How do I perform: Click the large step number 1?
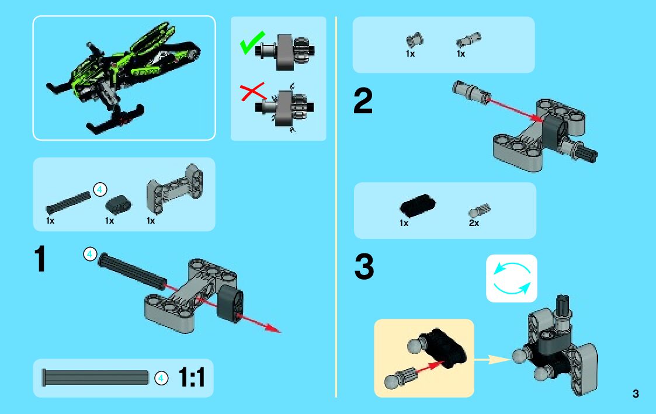click(40, 259)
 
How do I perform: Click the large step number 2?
click(363, 100)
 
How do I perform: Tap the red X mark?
click(253, 92)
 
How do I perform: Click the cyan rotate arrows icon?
click(512, 278)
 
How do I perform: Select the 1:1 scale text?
click(192, 377)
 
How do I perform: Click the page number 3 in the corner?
click(636, 394)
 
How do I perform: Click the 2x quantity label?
click(474, 223)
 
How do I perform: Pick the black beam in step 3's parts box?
click(418, 204)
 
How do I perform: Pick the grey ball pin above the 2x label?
click(479, 210)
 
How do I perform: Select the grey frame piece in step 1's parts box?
click(175, 189)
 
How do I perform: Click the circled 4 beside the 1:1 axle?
click(161, 378)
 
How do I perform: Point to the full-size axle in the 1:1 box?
click(95, 377)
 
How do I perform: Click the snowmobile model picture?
click(124, 78)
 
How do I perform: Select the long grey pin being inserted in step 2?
click(471, 92)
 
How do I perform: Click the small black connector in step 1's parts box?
click(118, 204)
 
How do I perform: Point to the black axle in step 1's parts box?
click(68, 203)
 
